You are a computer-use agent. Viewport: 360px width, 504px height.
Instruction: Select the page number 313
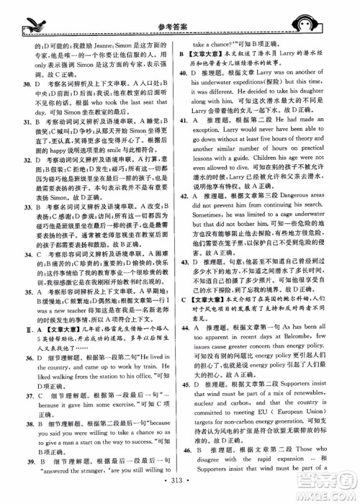[180, 483]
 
